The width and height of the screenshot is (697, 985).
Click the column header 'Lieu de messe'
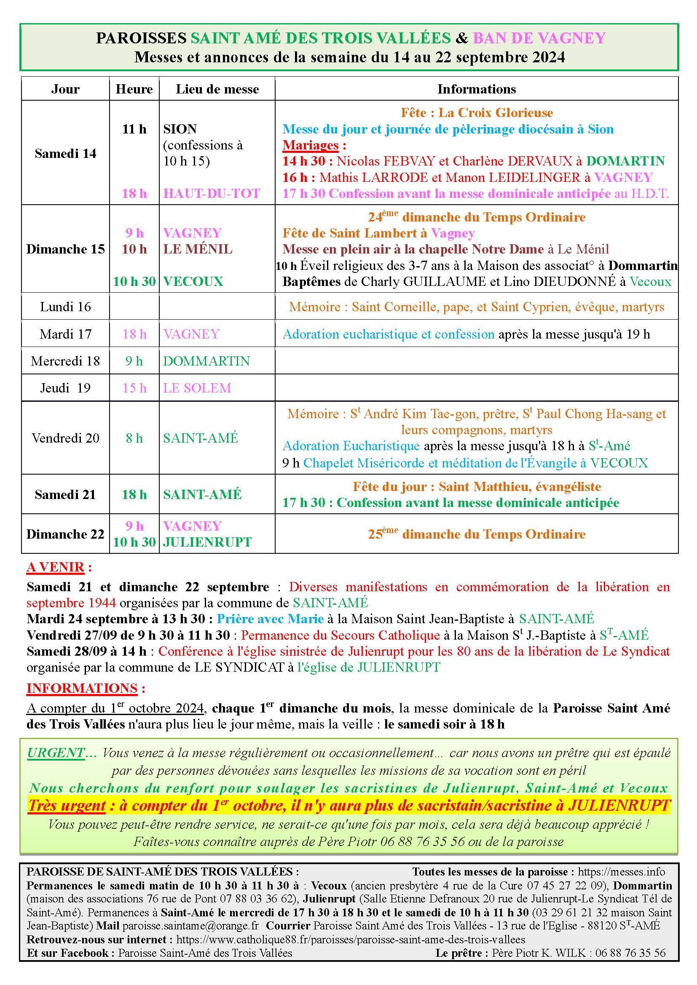click(217, 89)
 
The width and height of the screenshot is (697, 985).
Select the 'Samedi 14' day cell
click(65, 153)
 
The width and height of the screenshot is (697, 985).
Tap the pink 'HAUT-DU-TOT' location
click(212, 193)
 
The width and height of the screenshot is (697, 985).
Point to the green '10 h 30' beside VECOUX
click(134, 281)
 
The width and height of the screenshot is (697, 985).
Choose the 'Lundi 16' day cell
click(65, 307)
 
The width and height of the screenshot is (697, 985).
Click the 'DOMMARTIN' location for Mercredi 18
click(206, 361)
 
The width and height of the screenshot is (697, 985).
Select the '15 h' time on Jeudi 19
click(134, 388)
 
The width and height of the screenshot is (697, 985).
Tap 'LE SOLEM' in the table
click(197, 388)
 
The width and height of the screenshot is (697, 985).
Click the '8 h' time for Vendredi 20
click(134, 438)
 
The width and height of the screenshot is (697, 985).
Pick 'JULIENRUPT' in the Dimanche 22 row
click(207, 542)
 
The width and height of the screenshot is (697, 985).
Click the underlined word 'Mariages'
click(311, 145)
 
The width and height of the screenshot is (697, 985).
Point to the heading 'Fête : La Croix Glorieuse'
click(477, 112)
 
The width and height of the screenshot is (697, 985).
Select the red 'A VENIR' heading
click(55, 567)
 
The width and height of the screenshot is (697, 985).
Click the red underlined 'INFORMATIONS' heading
click(82, 688)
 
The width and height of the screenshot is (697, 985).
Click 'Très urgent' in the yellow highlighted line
click(67, 806)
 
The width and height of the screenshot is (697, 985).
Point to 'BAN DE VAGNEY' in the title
click(539, 38)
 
